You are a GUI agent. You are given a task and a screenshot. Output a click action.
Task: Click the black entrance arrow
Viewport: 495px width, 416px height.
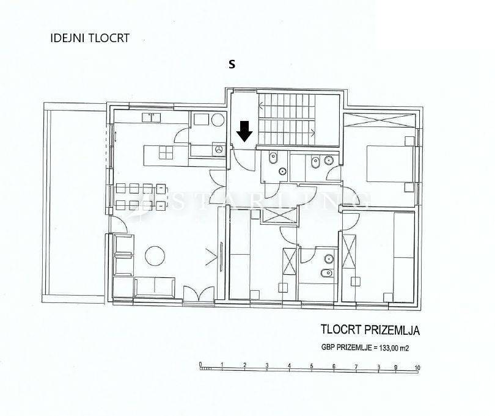pyautogui.click(x=244, y=131)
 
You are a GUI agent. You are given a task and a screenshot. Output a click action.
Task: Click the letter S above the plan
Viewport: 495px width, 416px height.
pyautogui.click(x=232, y=64)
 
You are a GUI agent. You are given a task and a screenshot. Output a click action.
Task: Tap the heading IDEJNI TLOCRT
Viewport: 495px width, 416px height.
pyautogui.click(x=89, y=38)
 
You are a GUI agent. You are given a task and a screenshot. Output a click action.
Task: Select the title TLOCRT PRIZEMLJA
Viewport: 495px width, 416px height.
pyautogui.click(x=370, y=330)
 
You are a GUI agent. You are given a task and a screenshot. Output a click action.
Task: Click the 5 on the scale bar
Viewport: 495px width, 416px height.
pyautogui.click(x=311, y=367)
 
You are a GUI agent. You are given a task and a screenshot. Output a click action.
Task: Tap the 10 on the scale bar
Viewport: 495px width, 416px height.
pyautogui.click(x=417, y=367)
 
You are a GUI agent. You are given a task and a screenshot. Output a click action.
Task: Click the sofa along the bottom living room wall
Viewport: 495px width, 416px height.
pyautogui.click(x=155, y=286)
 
